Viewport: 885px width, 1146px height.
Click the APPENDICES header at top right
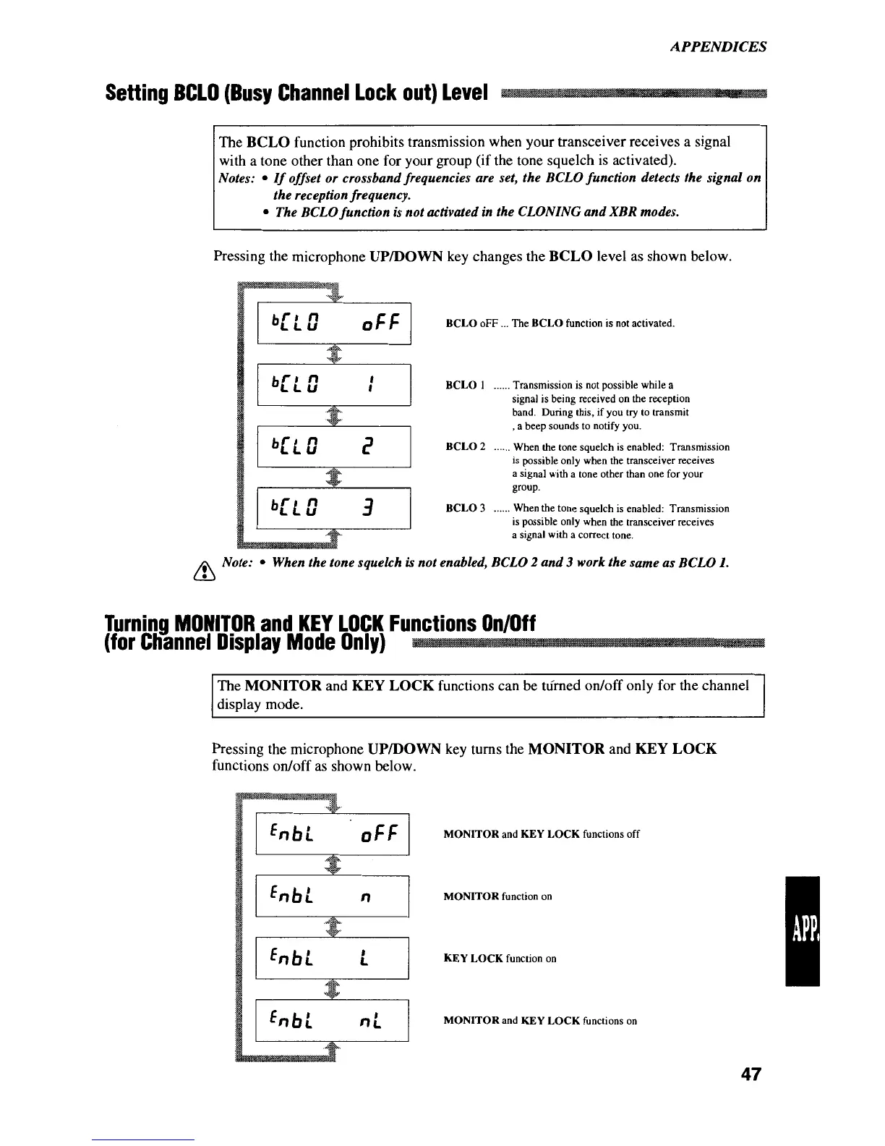[x=717, y=47]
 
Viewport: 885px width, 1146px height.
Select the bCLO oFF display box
[x=333, y=323]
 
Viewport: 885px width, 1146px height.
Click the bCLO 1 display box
[x=333, y=386]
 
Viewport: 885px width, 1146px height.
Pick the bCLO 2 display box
[x=333, y=447]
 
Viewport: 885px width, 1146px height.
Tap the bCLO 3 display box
[x=333, y=509]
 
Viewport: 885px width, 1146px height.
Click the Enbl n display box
[x=333, y=896]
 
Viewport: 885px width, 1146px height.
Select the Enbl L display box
[x=333, y=958]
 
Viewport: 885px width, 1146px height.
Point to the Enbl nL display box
[x=333, y=1020]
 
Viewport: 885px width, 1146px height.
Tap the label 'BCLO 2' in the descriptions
[x=465, y=447]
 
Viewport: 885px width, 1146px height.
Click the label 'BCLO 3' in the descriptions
[x=465, y=509]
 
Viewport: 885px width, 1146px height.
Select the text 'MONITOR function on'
[x=497, y=896]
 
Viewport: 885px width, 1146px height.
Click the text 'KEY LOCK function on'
[x=500, y=959]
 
